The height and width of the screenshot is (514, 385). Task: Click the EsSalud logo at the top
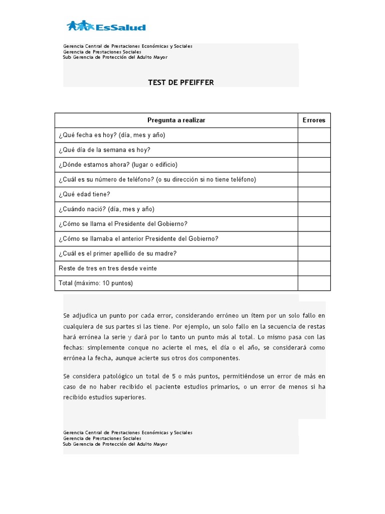[106, 26]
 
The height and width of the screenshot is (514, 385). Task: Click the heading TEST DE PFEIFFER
[180, 82]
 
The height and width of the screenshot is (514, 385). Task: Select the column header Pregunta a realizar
[176, 120]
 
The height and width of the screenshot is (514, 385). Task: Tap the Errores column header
[314, 120]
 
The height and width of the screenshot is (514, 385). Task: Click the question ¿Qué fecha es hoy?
[112, 135]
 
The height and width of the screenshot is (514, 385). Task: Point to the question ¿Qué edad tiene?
[84, 194]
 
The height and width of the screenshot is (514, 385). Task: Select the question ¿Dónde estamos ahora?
[118, 165]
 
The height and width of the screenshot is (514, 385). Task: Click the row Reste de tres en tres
[108, 269]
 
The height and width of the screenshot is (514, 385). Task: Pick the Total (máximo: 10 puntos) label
[96, 283]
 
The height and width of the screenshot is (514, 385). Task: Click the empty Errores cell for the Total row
[314, 283]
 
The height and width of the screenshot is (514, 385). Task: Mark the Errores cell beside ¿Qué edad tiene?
[314, 194]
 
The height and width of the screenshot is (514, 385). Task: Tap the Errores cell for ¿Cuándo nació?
[314, 209]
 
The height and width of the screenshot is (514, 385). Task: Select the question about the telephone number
[157, 180]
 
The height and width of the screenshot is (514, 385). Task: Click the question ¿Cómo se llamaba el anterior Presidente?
[138, 239]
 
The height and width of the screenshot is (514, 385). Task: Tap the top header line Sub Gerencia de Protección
[115, 57]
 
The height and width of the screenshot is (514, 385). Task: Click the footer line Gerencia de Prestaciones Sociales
[102, 438]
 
